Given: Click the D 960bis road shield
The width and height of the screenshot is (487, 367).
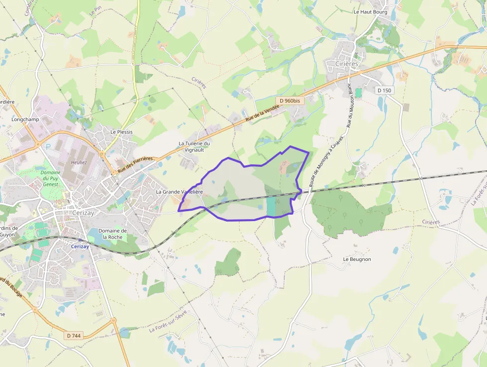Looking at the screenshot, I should [290, 101].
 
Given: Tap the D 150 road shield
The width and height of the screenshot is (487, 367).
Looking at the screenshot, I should [384, 91].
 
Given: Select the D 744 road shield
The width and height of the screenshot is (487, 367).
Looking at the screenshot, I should [74, 336].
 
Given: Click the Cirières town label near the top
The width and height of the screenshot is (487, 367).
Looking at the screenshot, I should [346, 64].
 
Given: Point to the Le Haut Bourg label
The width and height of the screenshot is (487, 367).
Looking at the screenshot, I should [370, 11].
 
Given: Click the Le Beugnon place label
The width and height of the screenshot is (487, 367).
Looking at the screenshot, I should [357, 259].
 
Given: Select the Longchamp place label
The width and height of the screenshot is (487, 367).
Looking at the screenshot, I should [25, 120].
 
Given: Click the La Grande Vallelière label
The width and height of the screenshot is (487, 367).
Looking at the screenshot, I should [179, 192].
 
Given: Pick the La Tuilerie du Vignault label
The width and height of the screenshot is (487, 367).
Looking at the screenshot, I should [194, 146].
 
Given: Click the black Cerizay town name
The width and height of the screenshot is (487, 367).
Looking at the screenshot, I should [82, 212].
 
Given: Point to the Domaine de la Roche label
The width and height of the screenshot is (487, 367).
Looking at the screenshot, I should [113, 234].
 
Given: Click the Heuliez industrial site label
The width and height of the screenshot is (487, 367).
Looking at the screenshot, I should [79, 162].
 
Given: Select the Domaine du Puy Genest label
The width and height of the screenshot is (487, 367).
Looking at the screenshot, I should [51, 178].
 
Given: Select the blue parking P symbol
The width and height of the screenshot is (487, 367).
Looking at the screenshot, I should [48, 147].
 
